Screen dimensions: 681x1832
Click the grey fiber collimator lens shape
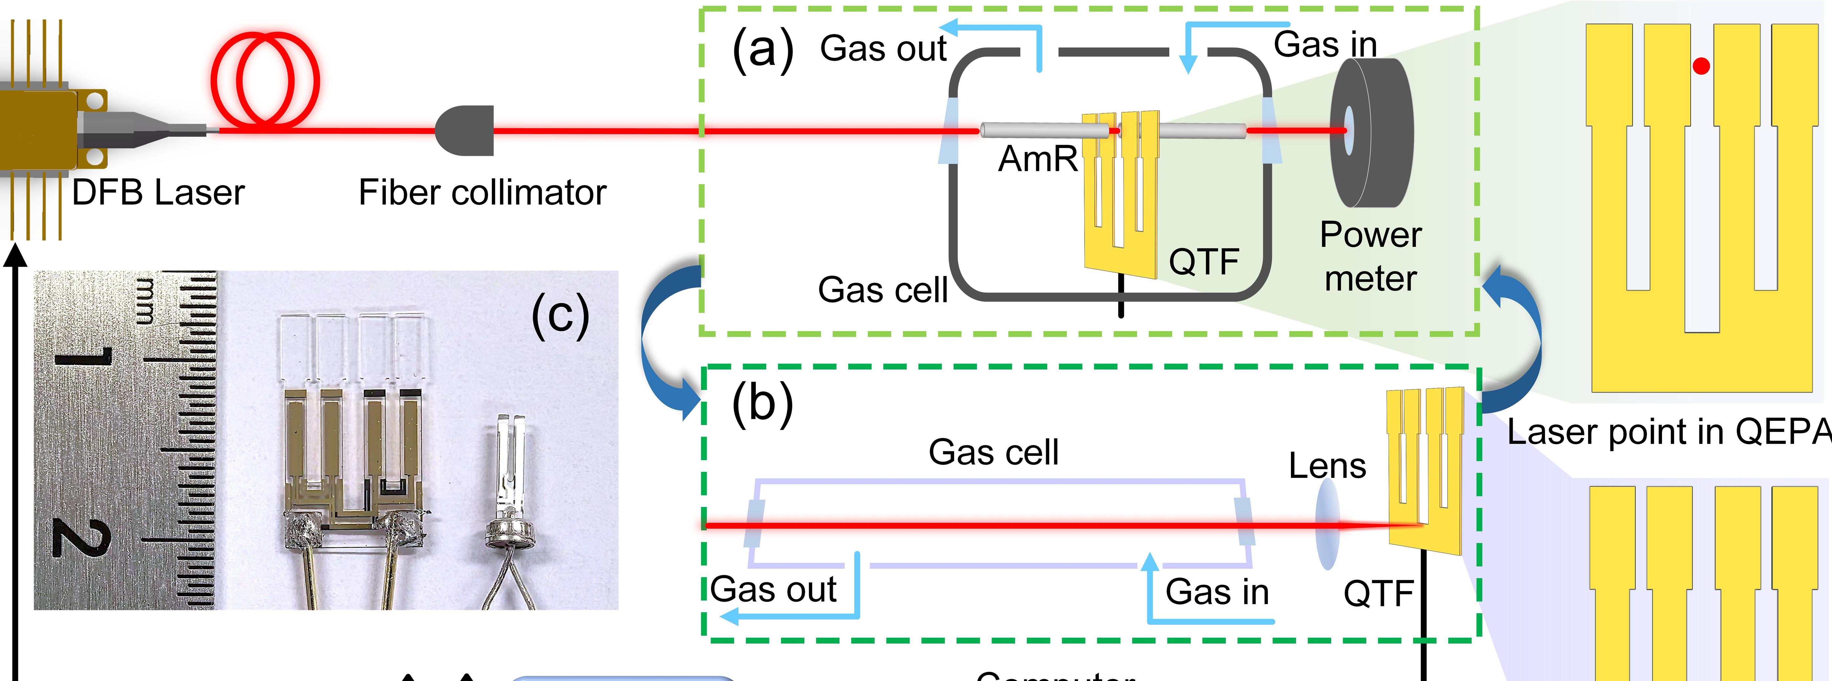click(x=466, y=130)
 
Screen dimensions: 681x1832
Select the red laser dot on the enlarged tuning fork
click(x=1701, y=66)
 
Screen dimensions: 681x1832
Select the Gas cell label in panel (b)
click(x=994, y=453)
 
